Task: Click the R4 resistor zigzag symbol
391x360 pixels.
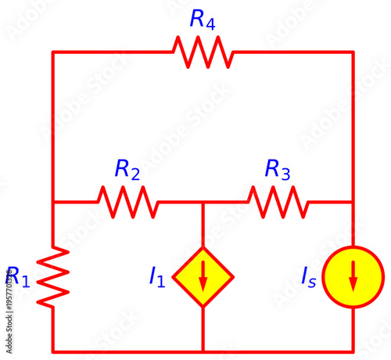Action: click(x=203, y=52)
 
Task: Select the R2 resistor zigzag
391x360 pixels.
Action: click(x=127, y=202)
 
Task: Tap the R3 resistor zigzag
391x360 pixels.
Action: click(x=278, y=202)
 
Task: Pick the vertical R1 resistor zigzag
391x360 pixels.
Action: click(x=52, y=276)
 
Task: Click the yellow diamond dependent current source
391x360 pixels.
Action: click(x=203, y=276)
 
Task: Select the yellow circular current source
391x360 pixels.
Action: click(x=353, y=276)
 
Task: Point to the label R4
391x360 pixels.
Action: click(x=203, y=20)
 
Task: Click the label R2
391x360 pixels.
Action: click(x=127, y=169)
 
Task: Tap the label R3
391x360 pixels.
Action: click(x=278, y=169)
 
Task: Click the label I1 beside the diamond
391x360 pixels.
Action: click(x=157, y=276)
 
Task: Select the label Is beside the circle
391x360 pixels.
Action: click(x=309, y=276)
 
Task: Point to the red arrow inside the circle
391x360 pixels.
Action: click(x=353, y=276)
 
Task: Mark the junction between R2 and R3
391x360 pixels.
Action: click(x=203, y=202)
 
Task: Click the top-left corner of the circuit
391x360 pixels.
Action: click(x=52, y=52)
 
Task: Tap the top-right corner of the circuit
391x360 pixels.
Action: click(x=353, y=52)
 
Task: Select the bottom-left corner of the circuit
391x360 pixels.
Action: click(x=52, y=351)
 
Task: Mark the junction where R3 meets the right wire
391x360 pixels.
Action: click(x=353, y=202)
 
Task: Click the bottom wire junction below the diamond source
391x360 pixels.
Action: click(x=203, y=351)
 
